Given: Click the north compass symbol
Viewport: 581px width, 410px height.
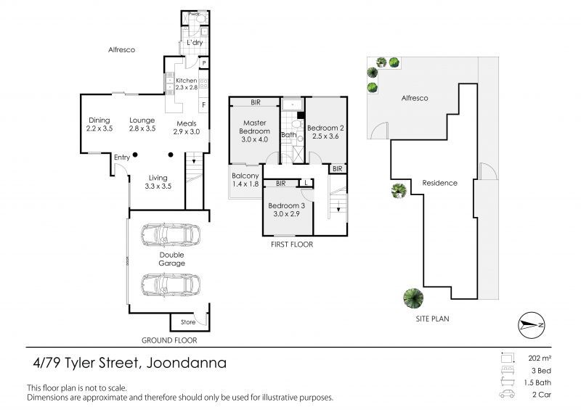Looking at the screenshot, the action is click(532, 325).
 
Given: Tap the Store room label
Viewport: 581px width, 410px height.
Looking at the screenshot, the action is click(188, 322).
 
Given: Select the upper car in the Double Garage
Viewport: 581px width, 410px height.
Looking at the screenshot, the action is click(171, 235).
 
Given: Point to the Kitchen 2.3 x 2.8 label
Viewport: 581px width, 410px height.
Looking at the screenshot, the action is click(187, 84).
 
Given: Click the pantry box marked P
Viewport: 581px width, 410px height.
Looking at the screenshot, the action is click(204, 63).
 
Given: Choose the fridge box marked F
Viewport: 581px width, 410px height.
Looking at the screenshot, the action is click(204, 104).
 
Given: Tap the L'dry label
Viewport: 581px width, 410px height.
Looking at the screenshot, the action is click(195, 43).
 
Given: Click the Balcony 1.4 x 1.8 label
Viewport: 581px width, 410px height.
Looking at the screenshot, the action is click(245, 180).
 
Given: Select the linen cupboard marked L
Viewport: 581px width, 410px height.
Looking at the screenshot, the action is click(306, 183).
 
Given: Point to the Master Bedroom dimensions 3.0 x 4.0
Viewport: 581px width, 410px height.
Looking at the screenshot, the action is click(255, 139).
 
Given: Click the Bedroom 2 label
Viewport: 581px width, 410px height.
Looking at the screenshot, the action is click(325, 128).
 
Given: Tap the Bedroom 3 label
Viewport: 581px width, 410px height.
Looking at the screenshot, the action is click(286, 205).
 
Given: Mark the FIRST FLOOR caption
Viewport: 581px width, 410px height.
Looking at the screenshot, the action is click(292, 245).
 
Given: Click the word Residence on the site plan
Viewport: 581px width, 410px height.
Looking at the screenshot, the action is click(440, 183).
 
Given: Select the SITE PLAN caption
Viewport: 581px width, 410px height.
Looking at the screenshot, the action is click(432, 319).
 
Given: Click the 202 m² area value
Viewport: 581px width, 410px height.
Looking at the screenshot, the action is click(540, 358).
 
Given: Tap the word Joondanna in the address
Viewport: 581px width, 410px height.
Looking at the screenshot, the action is click(187, 363).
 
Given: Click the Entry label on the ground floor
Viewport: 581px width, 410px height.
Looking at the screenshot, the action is click(122, 157).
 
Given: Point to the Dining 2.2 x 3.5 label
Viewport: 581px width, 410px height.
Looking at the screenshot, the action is click(99, 124).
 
